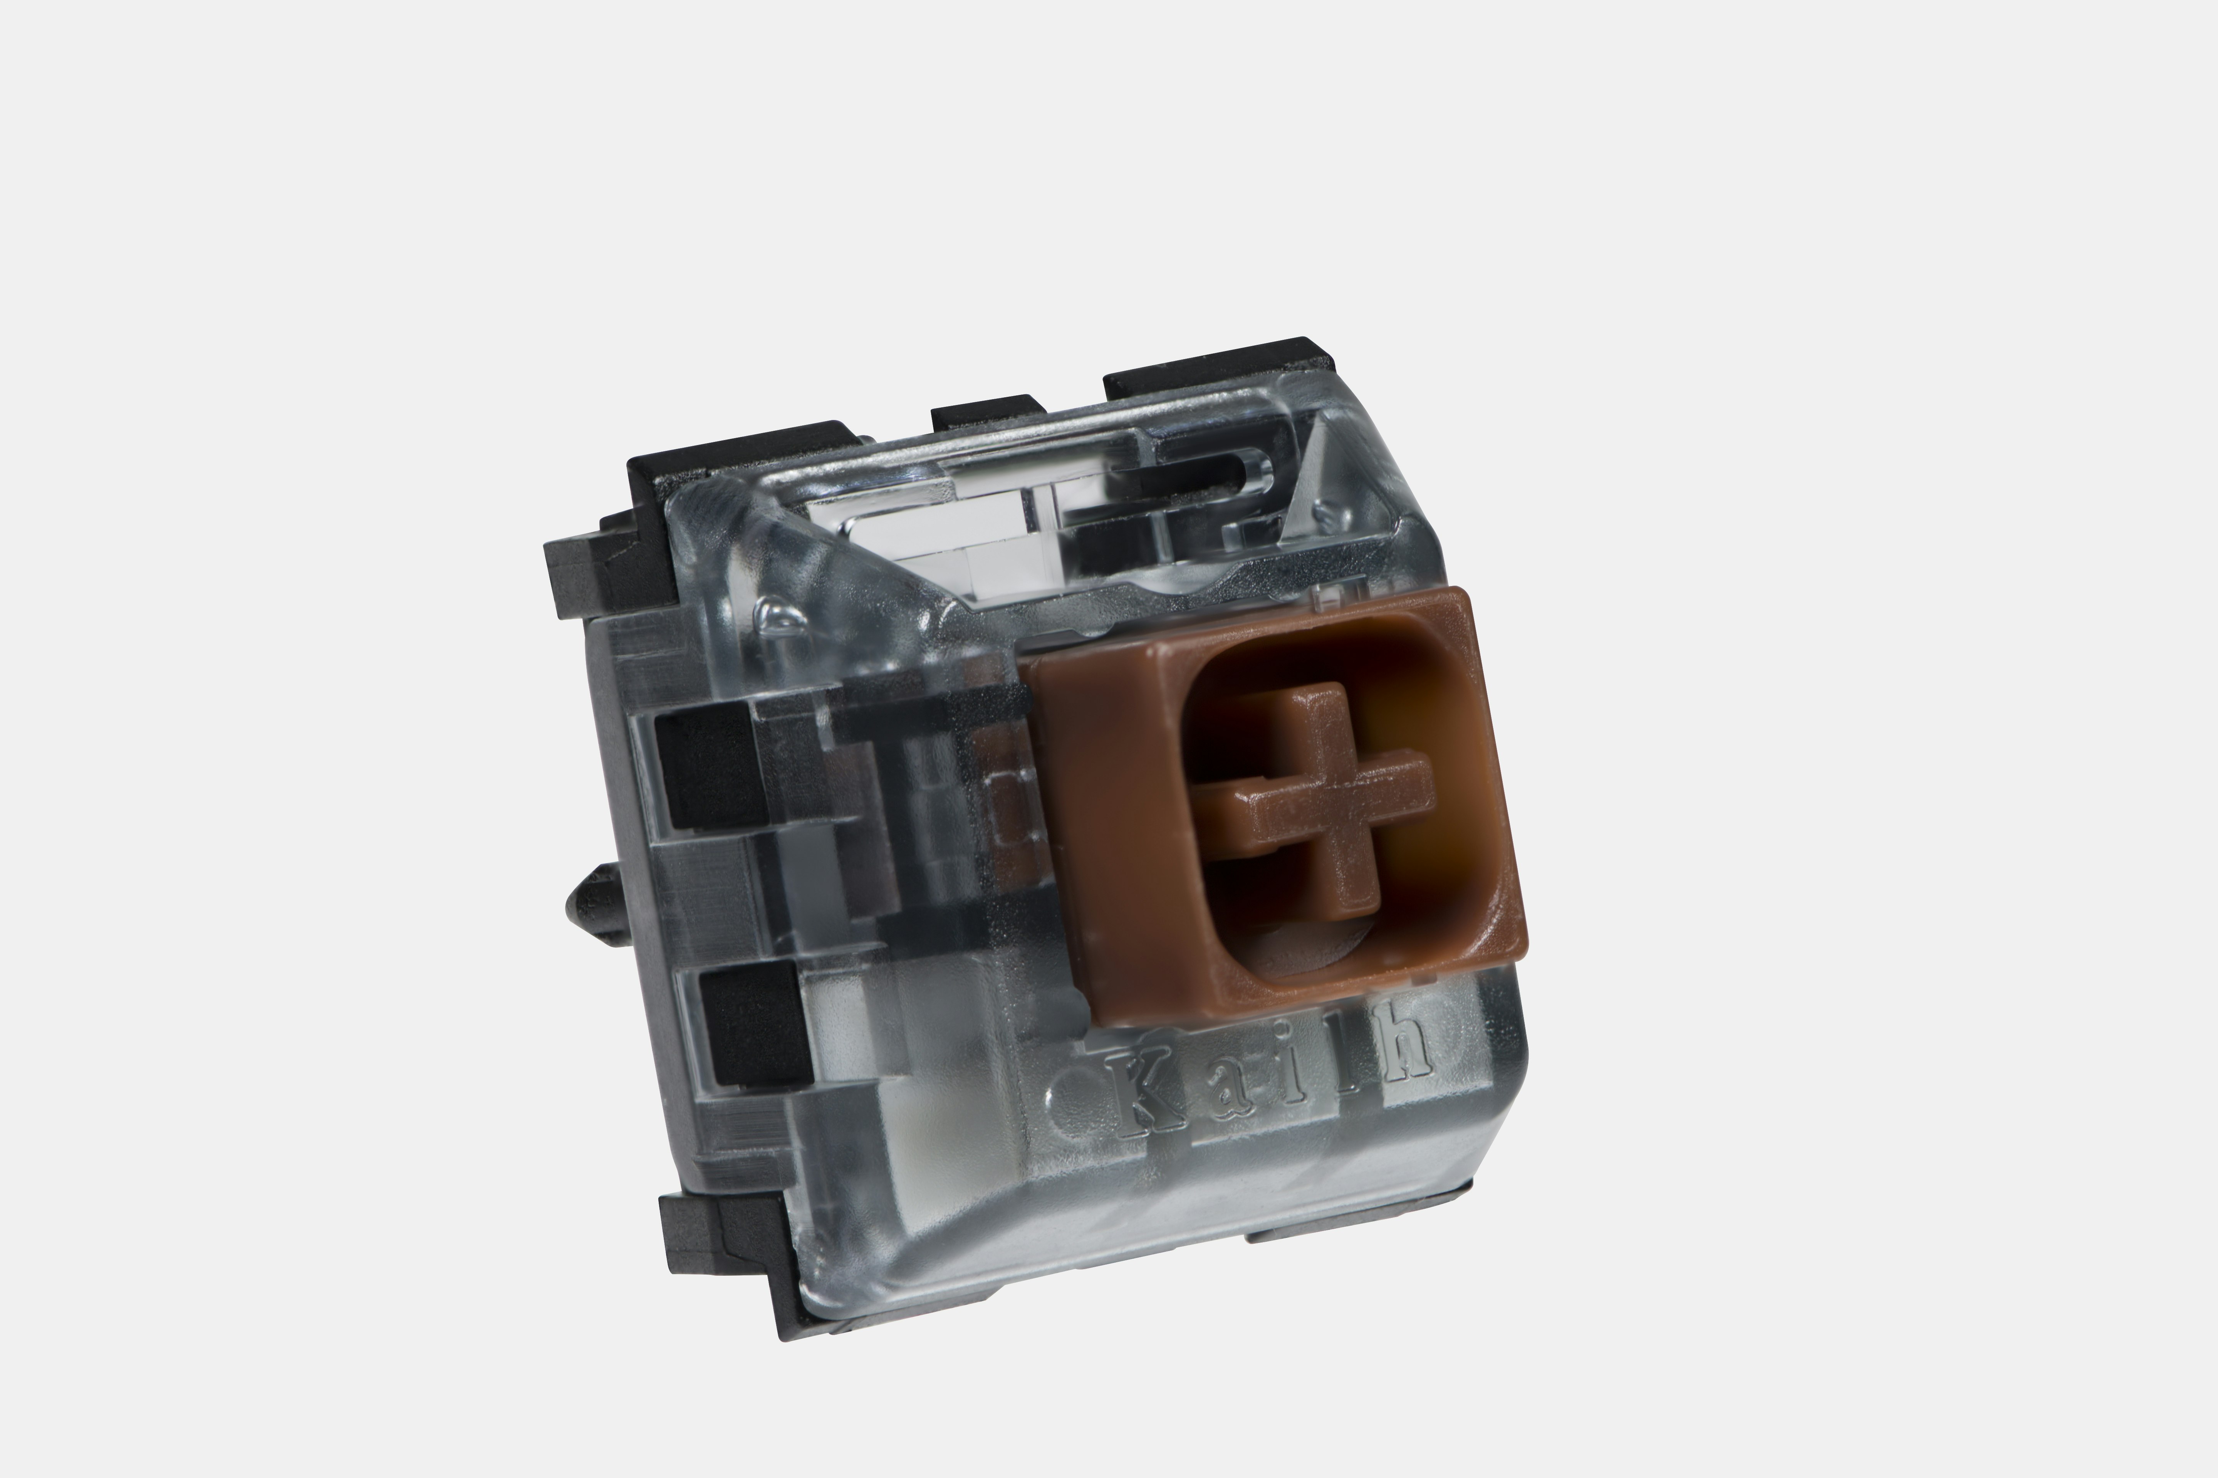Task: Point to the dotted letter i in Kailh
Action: [x=1293, y=1073]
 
